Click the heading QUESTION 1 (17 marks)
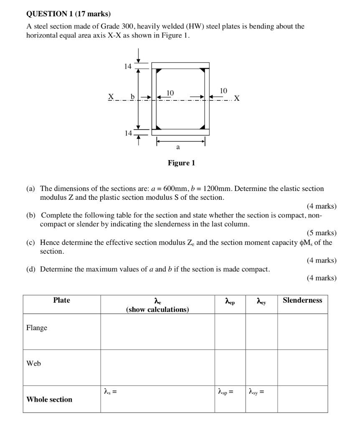click(x=68, y=14)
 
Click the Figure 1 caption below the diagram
click(x=181, y=163)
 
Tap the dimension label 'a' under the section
click(x=178, y=147)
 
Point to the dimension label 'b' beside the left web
click(x=133, y=97)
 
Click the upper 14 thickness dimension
click(x=128, y=66)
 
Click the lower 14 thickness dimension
click(x=128, y=133)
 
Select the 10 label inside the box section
click(x=170, y=92)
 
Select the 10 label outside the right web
click(x=223, y=91)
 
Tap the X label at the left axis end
click(x=111, y=97)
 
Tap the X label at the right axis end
click(x=237, y=99)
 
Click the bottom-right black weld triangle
click(x=203, y=127)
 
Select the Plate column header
click(x=62, y=300)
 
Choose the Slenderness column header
click(x=302, y=300)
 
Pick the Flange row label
click(x=37, y=328)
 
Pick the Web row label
click(x=34, y=363)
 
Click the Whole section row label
click(x=49, y=399)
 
